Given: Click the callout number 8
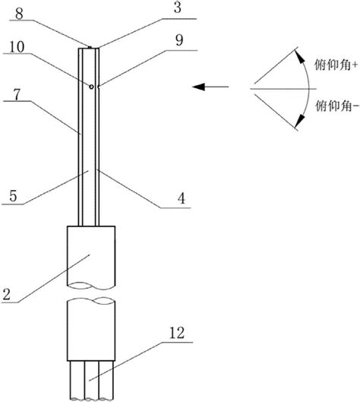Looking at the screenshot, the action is coord(19,14).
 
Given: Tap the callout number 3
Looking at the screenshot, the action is coord(178,8).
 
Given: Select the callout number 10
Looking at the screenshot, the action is coord(17,47).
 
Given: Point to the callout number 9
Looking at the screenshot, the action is coord(179,40).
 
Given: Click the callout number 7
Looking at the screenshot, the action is coord(17,94).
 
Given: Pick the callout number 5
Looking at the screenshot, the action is coord(13,196).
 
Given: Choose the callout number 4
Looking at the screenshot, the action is coord(182,198).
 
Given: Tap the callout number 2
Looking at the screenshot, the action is coord(6,294).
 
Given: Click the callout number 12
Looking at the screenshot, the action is coord(177,334).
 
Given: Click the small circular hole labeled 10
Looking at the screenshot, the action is coord(91,87).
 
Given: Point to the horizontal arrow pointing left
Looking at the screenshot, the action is coord(210,87).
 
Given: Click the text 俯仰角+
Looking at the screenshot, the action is coord(336,65).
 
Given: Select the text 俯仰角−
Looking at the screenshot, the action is coord(336,106).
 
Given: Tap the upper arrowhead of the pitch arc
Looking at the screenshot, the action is coord(299,56).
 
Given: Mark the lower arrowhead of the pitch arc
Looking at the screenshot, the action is coord(299,122).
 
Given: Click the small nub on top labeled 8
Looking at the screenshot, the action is coord(90,47).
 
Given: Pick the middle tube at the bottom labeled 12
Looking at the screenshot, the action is coord(91,380).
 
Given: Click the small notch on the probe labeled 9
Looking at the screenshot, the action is coord(99,87).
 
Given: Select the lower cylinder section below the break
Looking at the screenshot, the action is coord(91,329).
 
